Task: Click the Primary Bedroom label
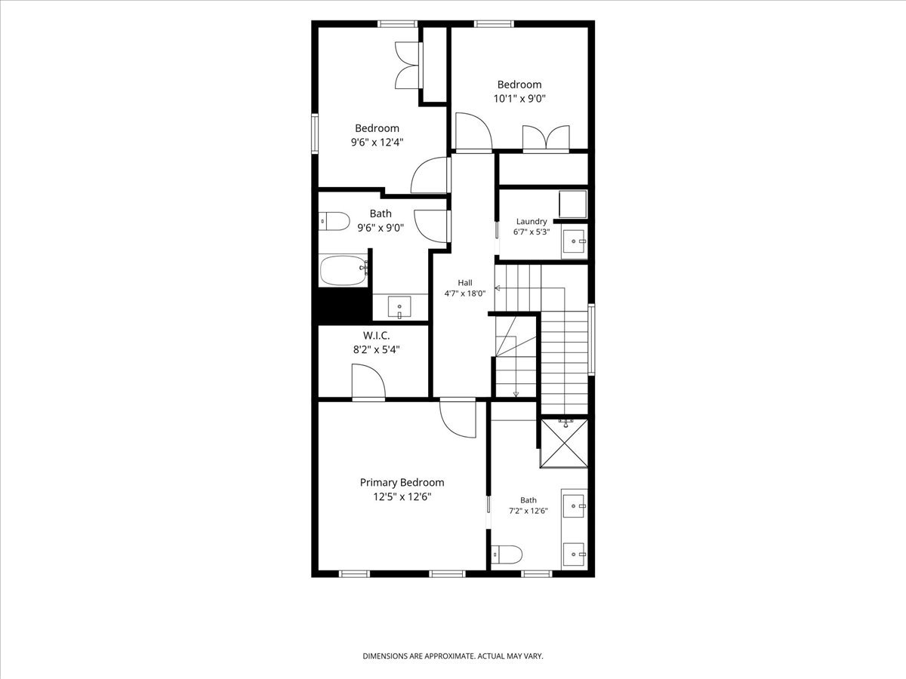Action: click(402, 482)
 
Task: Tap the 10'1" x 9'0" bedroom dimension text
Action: click(519, 99)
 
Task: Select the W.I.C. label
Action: click(377, 335)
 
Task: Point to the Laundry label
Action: click(532, 221)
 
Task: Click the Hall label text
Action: click(465, 283)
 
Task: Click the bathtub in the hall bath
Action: click(344, 270)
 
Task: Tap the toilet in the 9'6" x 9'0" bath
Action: click(334, 221)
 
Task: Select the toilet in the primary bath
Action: click(507, 554)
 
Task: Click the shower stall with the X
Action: click(564, 444)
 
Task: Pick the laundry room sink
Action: click(574, 241)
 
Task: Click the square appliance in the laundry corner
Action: click(573, 204)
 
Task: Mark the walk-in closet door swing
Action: click(368, 381)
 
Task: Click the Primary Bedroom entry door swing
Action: click(458, 419)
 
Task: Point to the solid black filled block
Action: click(344, 305)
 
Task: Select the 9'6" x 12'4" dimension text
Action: click(377, 143)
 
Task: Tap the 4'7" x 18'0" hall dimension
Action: click(465, 293)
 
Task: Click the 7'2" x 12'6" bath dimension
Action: click(528, 511)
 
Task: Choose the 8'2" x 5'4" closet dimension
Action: click(377, 349)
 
